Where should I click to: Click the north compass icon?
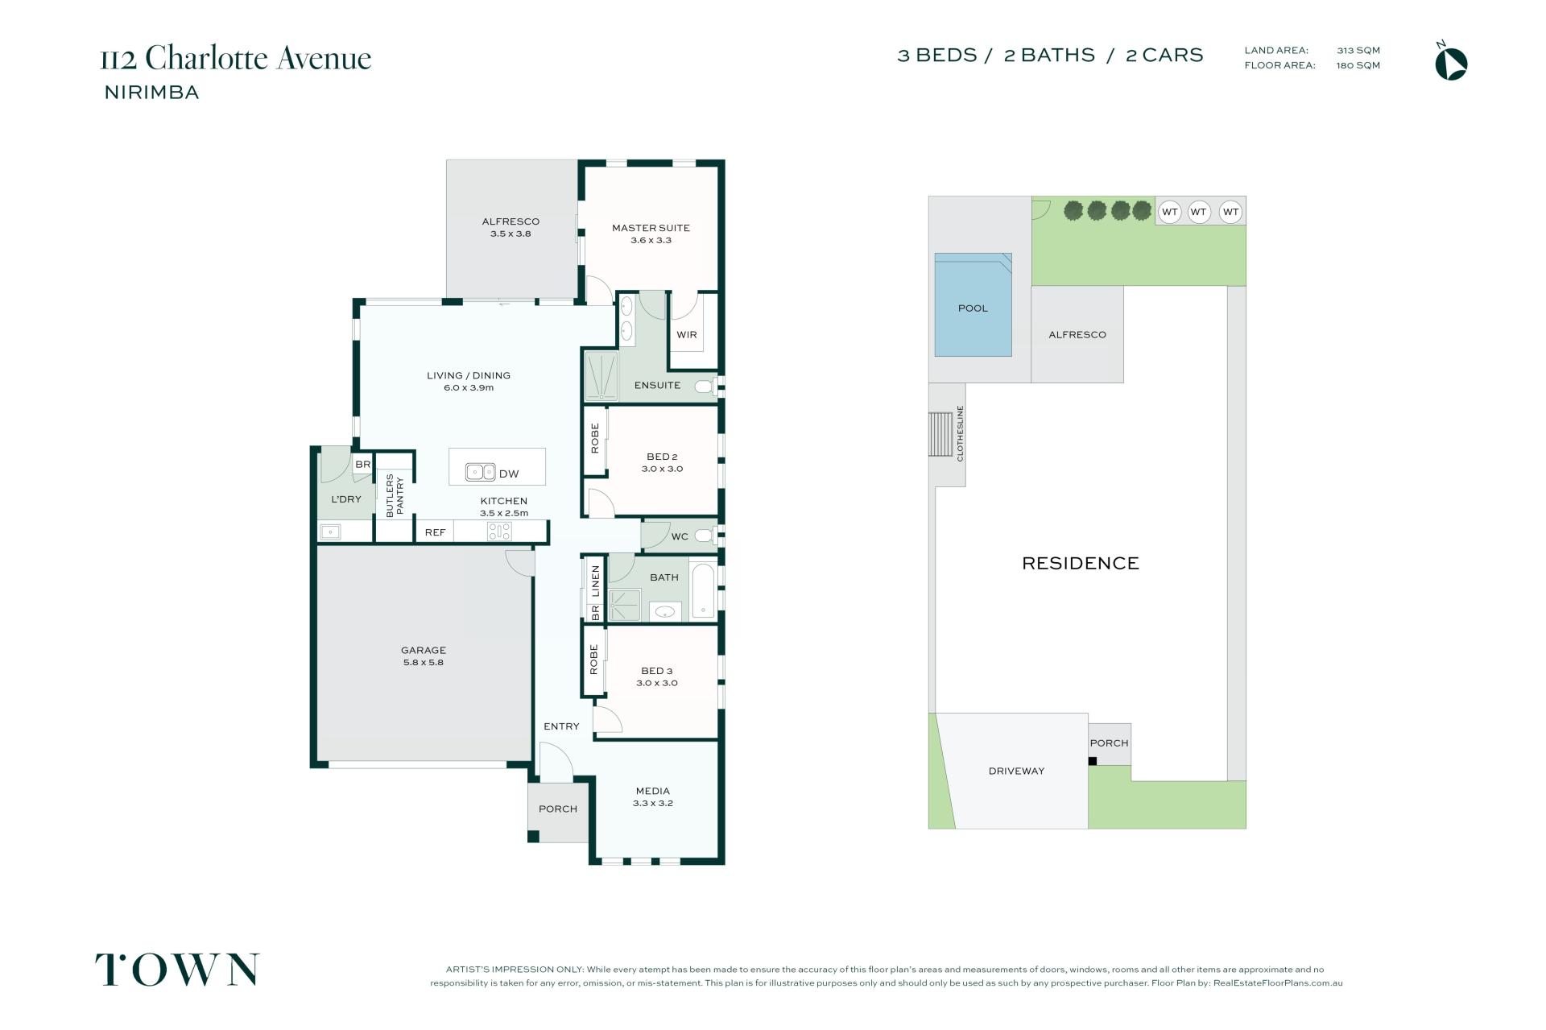[x=1451, y=64]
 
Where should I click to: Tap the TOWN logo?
[x=177, y=970]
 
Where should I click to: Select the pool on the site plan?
[x=973, y=304]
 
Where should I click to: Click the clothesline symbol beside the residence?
[x=940, y=434]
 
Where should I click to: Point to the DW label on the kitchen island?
[x=509, y=474]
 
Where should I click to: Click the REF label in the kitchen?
[x=435, y=532]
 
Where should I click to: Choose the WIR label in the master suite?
[x=687, y=335]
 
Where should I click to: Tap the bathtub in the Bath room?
[x=703, y=591]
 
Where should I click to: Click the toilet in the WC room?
[x=705, y=536]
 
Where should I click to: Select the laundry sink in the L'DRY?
[x=330, y=532]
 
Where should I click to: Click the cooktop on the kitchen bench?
[x=498, y=532]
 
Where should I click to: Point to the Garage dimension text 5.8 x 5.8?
[x=424, y=663]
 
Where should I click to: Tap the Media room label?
[x=653, y=791]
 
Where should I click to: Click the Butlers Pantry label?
[x=395, y=495]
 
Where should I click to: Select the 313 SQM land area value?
[x=1358, y=50]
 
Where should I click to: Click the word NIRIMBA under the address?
[x=152, y=93]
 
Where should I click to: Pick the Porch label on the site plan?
[x=1109, y=743]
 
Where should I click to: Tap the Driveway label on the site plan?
[x=1016, y=771]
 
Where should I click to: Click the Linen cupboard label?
[x=596, y=581]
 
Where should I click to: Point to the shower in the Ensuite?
[x=601, y=375]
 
